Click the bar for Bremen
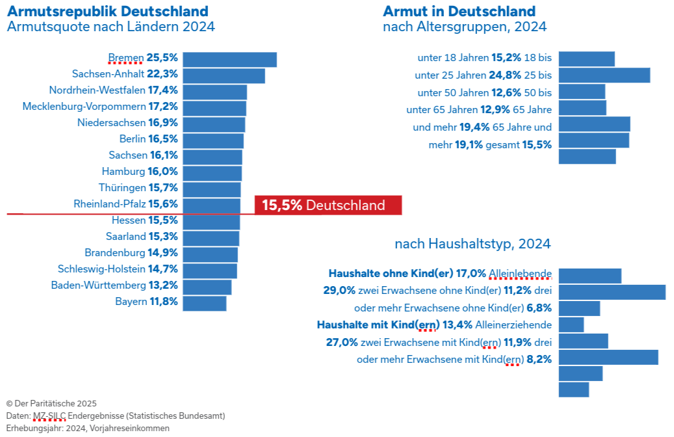click(x=229, y=59)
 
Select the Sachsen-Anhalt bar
click(x=224, y=75)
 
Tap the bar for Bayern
click(x=204, y=303)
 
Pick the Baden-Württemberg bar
click(x=207, y=287)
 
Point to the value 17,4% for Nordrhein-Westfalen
click(x=162, y=90)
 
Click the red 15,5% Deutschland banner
click(x=328, y=205)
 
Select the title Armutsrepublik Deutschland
click(x=107, y=11)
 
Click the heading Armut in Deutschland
click(x=459, y=11)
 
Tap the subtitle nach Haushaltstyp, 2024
click(x=473, y=244)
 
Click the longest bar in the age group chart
click(x=604, y=75)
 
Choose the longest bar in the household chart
click(x=612, y=292)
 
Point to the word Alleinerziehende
click(x=513, y=324)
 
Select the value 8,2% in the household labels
click(x=539, y=358)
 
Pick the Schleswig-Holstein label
click(x=101, y=269)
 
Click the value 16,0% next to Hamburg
click(x=162, y=171)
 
